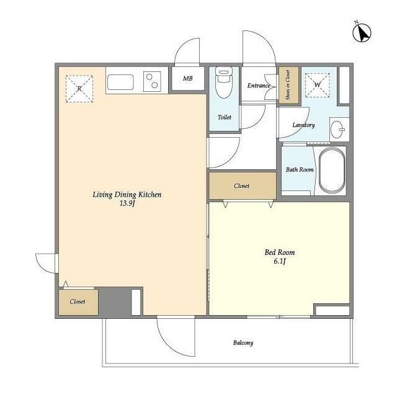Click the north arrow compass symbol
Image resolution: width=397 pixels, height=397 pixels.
(x=362, y=33)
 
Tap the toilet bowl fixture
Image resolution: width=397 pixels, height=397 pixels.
(x=224, y=83)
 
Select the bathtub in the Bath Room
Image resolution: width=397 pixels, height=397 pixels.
(x=332, y=171)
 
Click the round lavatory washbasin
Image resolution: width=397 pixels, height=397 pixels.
(x=337, y=130)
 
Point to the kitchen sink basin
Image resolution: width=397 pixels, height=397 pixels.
(x=120, y=82)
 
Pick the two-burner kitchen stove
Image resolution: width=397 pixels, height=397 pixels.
(x=152, y=81)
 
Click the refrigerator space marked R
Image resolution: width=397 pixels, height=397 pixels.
(x=79, y=89)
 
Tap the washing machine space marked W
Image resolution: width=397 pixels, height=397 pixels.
(x=318, y=85)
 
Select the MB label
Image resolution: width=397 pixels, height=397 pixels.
(x=187, y=79)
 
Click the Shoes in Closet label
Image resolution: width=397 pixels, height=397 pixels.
(x=288, y=85)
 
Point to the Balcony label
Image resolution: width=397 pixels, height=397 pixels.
(x=243, y=343)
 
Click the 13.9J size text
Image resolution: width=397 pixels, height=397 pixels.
(x=127, y=203)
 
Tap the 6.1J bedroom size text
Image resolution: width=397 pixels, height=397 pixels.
(x=280, y=261)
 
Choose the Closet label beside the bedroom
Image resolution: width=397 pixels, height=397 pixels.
(x=242, y=186)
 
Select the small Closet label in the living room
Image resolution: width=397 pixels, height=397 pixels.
(x=78, y=301)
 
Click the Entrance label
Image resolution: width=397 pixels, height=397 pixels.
(x=259, y=86)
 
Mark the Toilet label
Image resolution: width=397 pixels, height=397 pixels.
(x=225, y=117)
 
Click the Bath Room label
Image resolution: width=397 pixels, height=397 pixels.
(x=300, y=169)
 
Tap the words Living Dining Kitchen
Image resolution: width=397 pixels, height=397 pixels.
(x=127, y=195)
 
